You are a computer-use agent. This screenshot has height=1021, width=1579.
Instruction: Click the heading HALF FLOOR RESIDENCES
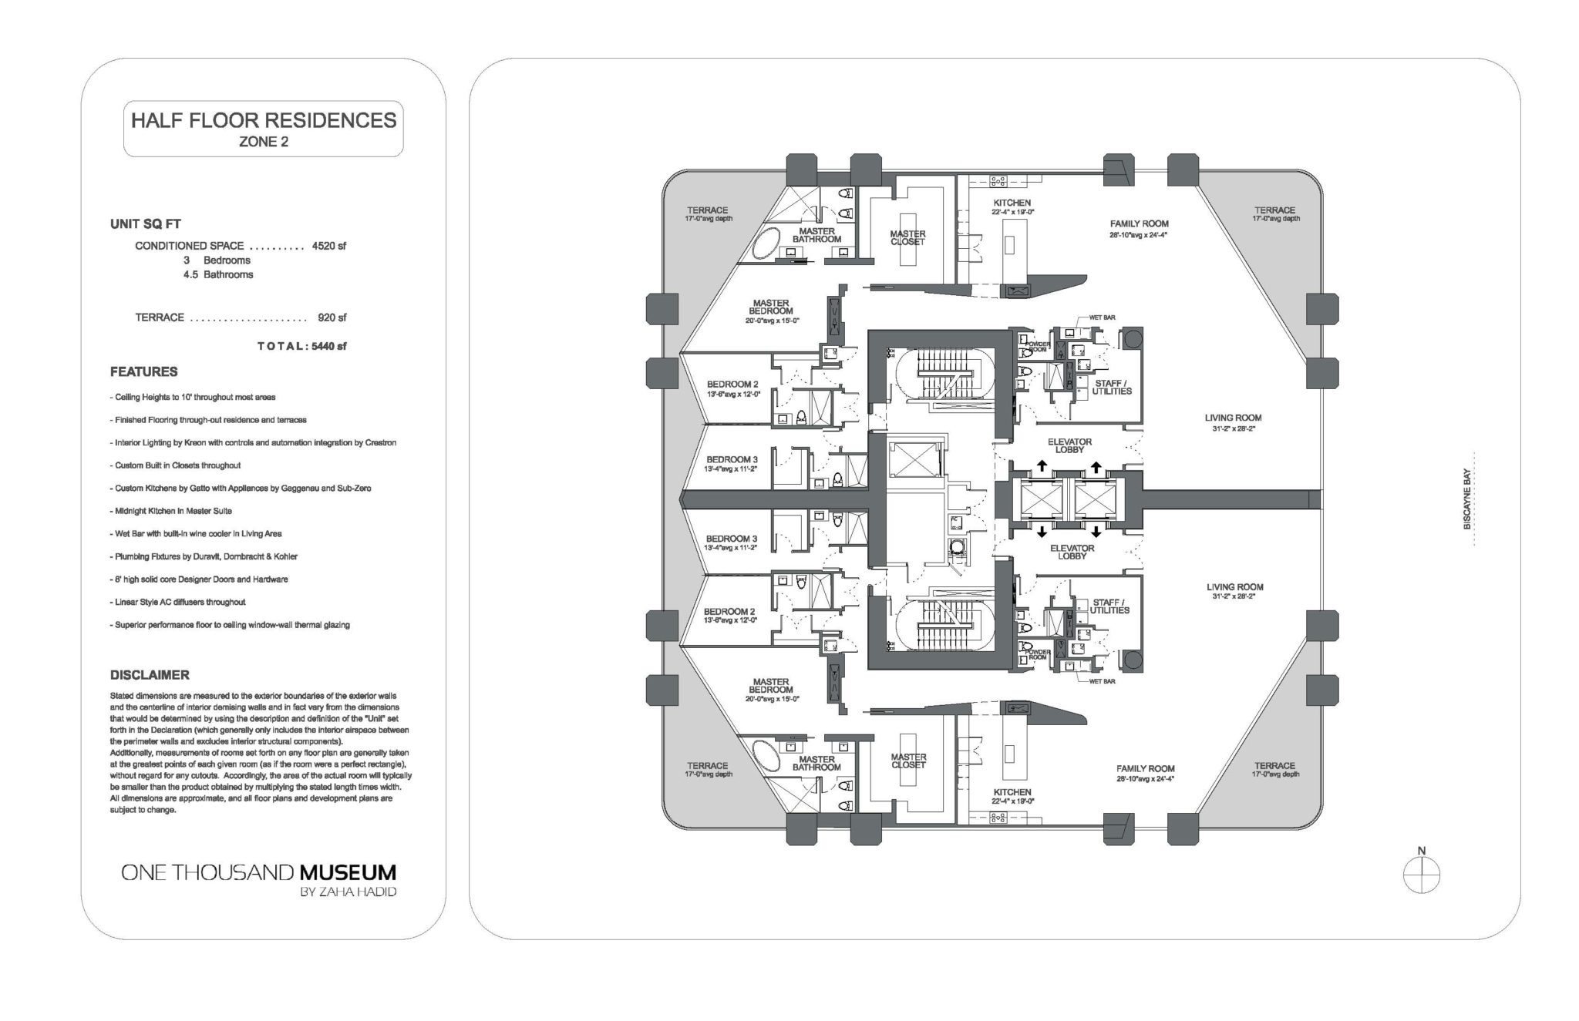point(264,120)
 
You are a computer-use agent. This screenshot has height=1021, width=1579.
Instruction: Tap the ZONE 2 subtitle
point(264,142)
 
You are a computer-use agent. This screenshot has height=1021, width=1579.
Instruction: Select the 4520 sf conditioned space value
point(329,246)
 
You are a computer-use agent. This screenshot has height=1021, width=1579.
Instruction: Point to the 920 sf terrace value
point(332,317)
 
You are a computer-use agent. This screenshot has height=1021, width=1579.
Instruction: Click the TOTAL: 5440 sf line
point(301,346)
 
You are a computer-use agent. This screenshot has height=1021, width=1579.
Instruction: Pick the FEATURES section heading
point(143,371)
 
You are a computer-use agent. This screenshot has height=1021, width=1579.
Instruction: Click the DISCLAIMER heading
point(150,675)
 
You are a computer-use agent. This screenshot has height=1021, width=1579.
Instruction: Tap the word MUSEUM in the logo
point(348,873)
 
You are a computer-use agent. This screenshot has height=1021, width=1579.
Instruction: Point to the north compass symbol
point(1422,875)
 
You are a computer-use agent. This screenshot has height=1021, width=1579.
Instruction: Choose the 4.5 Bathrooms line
point(218,274)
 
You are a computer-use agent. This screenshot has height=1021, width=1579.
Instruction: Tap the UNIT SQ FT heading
point(146,224)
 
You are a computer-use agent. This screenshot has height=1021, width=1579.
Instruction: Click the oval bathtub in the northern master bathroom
point(766,247)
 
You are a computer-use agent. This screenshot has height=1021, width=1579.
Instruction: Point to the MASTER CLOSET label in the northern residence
point(907,238)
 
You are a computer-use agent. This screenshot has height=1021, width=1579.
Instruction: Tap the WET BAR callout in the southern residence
point(1102,681)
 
